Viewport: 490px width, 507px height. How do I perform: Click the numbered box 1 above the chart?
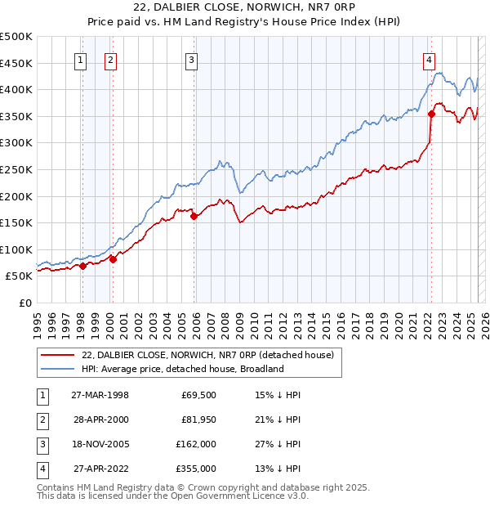tap(82, 59)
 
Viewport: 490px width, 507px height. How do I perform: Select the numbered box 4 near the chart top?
tap(429, 59)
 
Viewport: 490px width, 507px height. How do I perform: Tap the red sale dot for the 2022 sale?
tap(432, 114)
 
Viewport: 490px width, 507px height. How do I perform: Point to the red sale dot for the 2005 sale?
tap(194, 217)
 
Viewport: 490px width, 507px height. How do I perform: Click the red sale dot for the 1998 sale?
tap(82, 266)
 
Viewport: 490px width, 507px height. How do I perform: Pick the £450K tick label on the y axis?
tap(16, 63)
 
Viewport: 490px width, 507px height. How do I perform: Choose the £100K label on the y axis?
tap(16, 249)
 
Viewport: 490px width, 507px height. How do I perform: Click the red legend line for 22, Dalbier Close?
tap(56, 356)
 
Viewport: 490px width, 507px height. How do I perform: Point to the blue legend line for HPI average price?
tap(56, 369)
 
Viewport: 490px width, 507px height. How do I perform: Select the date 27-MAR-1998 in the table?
tap(100, 394)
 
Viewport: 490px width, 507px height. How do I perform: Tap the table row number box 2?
tap(40, 419)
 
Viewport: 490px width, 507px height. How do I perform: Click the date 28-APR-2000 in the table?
tap(100, 419)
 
